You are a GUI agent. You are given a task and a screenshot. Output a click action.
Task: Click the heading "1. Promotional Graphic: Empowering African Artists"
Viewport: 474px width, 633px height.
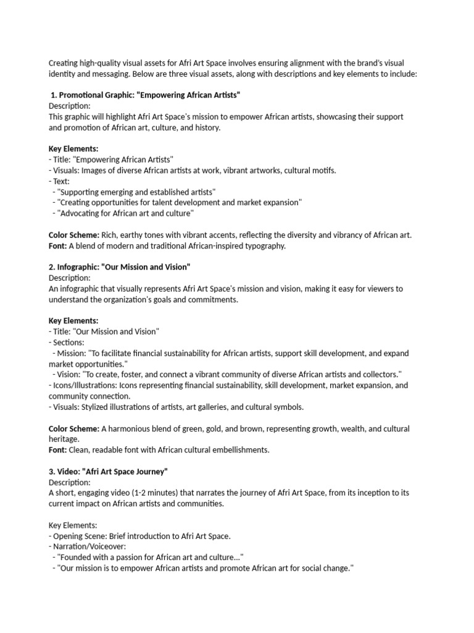(x=145, y=96)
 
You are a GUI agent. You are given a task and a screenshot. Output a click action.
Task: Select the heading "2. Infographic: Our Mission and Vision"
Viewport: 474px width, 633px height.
(x=119, y=267)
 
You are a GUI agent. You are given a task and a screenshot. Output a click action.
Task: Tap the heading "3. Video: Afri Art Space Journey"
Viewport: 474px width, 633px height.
(x=108, y=472)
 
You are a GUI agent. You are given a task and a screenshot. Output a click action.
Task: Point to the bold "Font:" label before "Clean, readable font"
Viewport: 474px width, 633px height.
(x=57, y=449)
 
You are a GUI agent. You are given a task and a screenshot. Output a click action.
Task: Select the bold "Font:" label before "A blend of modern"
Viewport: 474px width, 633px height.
(x=57, y=245)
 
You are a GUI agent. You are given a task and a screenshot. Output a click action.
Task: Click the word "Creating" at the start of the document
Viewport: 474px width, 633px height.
(x=64, y=64)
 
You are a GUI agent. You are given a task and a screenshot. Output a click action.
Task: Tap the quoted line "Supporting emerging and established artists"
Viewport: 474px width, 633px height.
(x=136, y=192)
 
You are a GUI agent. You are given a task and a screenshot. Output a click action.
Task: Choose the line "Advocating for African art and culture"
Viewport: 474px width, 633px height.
(x=125, y=213)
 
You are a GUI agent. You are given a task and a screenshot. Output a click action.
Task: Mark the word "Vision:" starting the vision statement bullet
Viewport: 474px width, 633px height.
(x=68, y=375)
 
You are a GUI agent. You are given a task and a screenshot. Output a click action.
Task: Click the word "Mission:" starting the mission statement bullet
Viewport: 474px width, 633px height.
(x=70, y=353)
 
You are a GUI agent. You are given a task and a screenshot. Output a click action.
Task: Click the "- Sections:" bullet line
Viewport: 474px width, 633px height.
(x=67, y=342)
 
